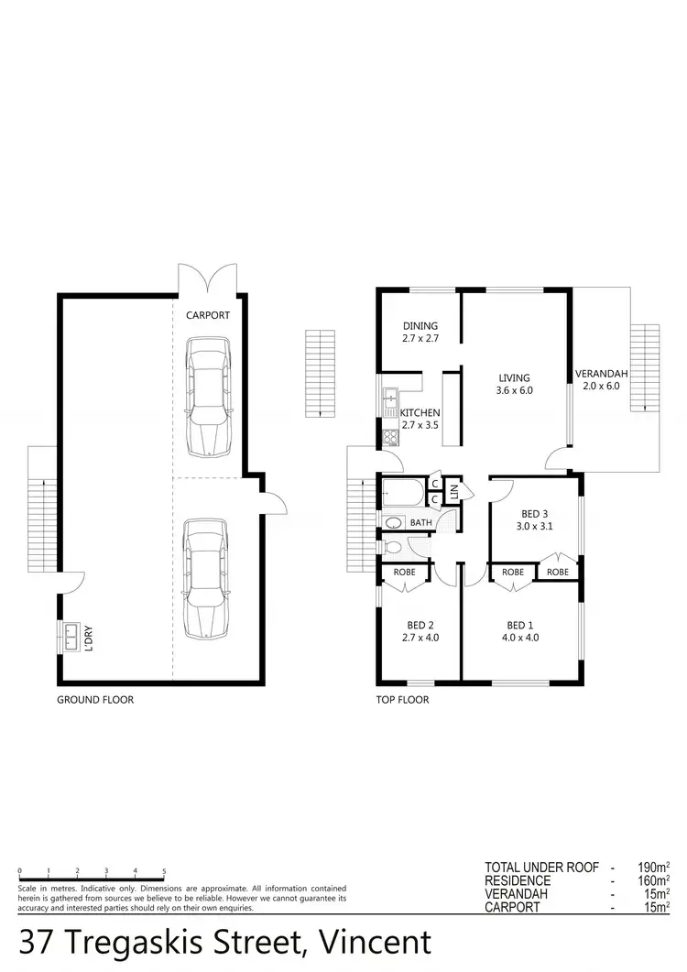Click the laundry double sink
coord(69,636)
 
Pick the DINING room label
coord(420,332)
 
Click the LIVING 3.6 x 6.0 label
coord(515,383)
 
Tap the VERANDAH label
coord(601,379)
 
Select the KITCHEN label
coord(420,419)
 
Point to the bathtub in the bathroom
coord(401,493)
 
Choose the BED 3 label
coord(535,519)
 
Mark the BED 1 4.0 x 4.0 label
coord(519,631)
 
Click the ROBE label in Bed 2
coord(404,572)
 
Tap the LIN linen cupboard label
coord(454,493)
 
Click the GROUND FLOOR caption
coord(95,700)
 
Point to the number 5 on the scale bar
coord(164,871)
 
